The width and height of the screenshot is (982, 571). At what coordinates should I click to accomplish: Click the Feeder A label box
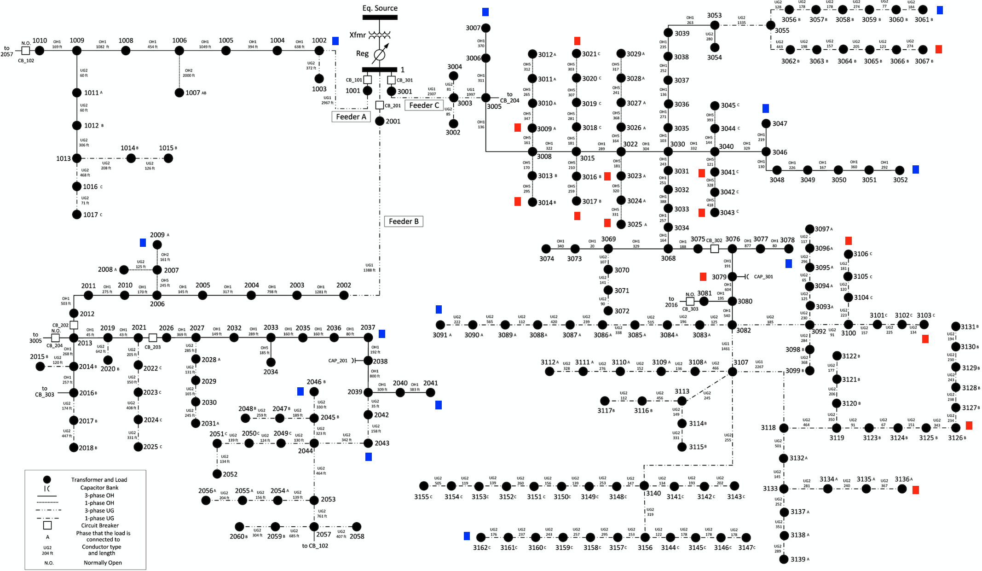[351, 117]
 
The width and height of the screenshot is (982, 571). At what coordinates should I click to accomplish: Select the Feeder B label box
[404, 221]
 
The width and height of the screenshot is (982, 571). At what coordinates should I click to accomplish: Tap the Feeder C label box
[424, 105]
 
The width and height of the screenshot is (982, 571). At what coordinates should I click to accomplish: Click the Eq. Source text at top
[380, 8]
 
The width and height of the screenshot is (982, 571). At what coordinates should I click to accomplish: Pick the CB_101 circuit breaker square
[368, 80]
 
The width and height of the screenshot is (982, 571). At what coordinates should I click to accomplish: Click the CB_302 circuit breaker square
[714, 249]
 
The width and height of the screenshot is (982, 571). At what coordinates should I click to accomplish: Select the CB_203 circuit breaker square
[153, 338]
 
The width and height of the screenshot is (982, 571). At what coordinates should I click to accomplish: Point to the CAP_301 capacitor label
[763, 277]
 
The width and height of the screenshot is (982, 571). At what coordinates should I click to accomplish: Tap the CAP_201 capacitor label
[338, 361]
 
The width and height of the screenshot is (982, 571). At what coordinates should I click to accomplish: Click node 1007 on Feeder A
[179, 93]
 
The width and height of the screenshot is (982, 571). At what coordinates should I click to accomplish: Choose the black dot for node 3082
[732, 325]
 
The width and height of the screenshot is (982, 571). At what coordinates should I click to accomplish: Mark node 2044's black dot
[314, 443]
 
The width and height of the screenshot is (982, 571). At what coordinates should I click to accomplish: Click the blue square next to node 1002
[335, 41]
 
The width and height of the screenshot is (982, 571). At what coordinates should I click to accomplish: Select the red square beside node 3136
[915, 490]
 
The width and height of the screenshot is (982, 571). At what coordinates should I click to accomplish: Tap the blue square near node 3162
[467, 536]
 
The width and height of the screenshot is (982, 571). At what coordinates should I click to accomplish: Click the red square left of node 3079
[703, 277]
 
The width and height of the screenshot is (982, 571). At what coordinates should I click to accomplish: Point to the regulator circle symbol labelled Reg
[379, 55]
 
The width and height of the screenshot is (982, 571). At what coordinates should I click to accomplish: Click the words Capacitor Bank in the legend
[99, 488]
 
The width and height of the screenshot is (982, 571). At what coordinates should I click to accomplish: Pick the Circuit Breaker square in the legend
[47, 525]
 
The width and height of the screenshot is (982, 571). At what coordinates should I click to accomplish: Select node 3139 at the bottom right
[784, 559]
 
